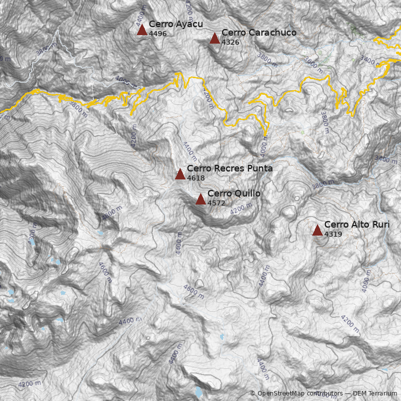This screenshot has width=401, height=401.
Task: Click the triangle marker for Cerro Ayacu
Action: [x=142, y=30]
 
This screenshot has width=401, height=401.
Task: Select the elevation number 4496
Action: [x=157, y=34]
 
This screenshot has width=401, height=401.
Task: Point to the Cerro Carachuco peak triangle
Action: [x=215, y=38]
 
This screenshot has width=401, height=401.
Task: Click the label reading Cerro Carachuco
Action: [x=259, y=33]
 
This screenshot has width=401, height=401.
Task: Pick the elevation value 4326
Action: [x=230, y=42]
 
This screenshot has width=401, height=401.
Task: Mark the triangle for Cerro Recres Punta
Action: [x=180, y=174]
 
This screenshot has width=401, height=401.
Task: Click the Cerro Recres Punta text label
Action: [x=230, y=168]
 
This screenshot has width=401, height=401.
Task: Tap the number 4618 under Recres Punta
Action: [x=195, y=178]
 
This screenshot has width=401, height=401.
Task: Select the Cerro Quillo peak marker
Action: [x=200, y=199]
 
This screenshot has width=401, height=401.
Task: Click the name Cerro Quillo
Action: [x=234, y=193]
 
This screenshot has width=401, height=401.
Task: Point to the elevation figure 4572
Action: [x=216, y=203]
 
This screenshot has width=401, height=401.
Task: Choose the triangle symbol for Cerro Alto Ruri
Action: [x=317, y=230]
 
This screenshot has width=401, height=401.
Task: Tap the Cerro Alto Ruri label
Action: [x=356, y=225]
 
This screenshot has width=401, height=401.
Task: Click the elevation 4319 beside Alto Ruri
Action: [x=333, y=234]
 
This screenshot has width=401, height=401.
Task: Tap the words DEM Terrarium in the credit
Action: [x=375, y=393]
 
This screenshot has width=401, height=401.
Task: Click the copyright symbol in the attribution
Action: [x=253, y=393]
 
